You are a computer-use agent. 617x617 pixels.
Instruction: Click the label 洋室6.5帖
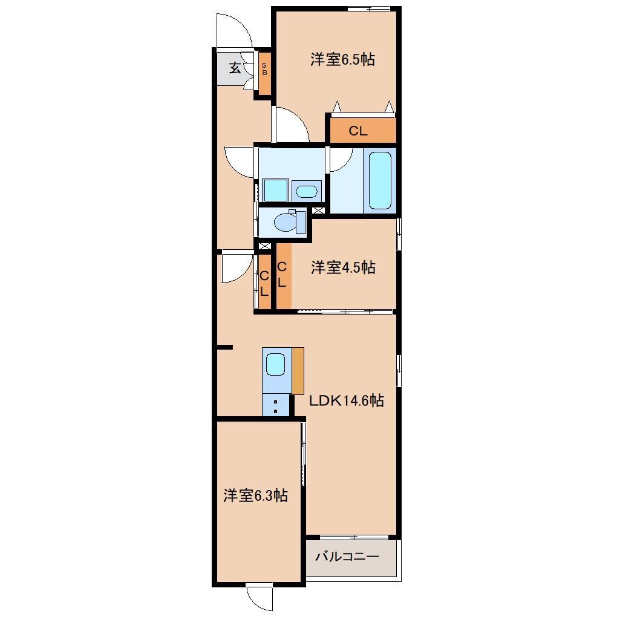tap(342, 59)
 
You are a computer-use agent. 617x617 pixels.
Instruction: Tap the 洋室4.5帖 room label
tap(343, 267)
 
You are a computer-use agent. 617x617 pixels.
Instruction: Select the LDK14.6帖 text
tap(346, 400)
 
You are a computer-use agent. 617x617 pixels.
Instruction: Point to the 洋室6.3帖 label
tap(256, 495)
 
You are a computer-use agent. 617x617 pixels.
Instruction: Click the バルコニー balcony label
tap(347, 557)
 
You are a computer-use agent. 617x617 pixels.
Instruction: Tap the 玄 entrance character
tap(235, 68)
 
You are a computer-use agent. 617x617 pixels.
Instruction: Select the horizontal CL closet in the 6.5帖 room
tap(362, 130)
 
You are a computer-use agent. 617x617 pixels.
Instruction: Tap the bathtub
tap(380, 180)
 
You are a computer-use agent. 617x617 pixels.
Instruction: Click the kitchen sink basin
tap(275, 364)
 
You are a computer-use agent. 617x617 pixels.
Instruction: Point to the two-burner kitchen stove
tap(275, 405)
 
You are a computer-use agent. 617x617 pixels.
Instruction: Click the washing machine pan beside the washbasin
tap(275, 190)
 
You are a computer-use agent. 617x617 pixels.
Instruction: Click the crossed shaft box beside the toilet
tap(318, 210)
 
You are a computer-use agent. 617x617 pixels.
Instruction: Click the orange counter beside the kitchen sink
tap(298, 371)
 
